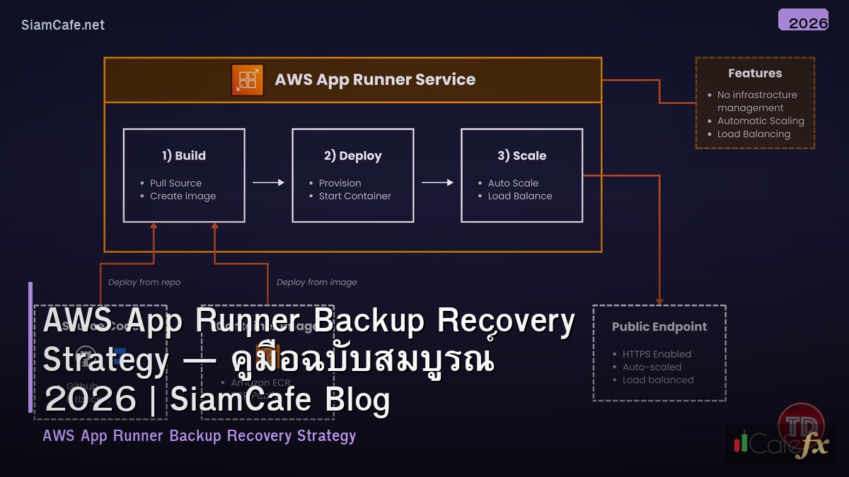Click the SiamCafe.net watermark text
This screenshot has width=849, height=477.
pyautogui.click(x=63, y=25)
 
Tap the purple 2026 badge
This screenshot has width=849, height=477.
pyautogui.click(x=803, y=20)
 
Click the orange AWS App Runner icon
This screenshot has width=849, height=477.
pyautogui.click(x=247, y=79)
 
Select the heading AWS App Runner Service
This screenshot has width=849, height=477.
pyautogui.click(x=375, y=79)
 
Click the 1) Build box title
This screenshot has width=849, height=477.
pyautogui.click(x=184, y=155)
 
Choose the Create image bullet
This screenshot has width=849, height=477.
pyautogui.click(x=183, y=196)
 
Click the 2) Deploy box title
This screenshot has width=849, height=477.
pyautogui.click(x=352, y=155)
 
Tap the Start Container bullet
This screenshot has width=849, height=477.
pyautogui.click(x=354, y=196)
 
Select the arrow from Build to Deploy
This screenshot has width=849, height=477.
pyautogui.click(x=268, y=183)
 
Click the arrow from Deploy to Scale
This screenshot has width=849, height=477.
pyautogui.click(x=437, y=183)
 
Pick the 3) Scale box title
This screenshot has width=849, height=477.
pyautogui.click(x=521, y=155)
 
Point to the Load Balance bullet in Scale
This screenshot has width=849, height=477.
pyautogui.click(x=519, y=196)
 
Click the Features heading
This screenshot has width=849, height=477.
pyautogui.click(x=755, y=73)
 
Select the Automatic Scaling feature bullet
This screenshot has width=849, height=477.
pyautogui.click(x=761, y=121)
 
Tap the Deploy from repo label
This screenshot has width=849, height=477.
pyautogui.click(x=144, y=283)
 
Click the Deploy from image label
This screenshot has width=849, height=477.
pyautogui.click(x=316, y=283)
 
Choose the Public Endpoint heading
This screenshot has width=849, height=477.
pyautogui.click(x=659, y=327)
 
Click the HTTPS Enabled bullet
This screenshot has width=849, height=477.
pyautogui.click(x=657, y=354)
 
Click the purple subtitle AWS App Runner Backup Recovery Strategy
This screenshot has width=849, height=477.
pyautogui.click(x=199, y=436)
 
